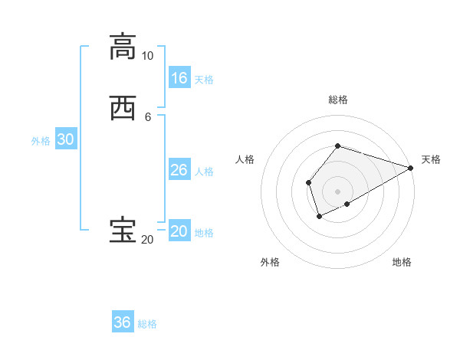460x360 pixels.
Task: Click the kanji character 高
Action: [122, 46]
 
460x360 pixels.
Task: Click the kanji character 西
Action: [122, 107]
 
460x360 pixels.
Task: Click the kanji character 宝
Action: [122, 231]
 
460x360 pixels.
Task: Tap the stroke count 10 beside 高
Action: [147, 56]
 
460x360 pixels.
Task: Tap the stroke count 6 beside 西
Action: [148, 116]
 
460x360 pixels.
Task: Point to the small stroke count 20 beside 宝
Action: [147, 240]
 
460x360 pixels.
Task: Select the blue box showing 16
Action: [179, 78]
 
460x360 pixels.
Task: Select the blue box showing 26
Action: [179, 170]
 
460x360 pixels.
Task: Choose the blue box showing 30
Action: [65, 139]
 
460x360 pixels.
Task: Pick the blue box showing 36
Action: [123, 322]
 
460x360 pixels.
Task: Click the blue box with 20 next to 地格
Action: [179, 231]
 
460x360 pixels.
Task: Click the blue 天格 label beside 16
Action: [204, 80]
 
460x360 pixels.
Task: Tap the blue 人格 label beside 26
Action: [204, 172]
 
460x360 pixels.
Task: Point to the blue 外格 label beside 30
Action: [41, 141]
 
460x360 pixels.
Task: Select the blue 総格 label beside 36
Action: [147, 324]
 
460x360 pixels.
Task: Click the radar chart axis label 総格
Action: [337, 100]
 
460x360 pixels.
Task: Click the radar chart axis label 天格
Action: [431, 159]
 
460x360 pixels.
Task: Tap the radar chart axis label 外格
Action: [270, 262]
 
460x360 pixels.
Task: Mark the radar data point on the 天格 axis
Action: [410, 168]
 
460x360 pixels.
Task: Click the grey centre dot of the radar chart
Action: [337, 191]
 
